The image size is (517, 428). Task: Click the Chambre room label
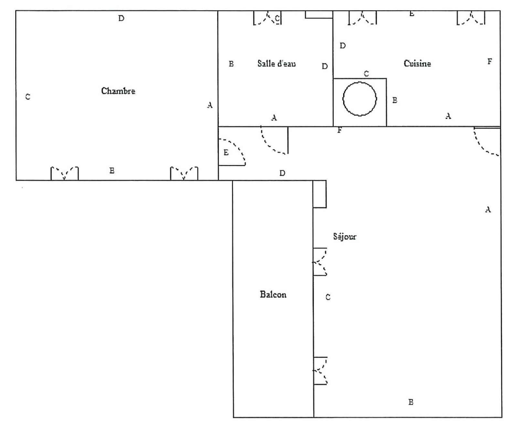[118, 91]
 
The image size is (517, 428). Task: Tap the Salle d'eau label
[276, 63]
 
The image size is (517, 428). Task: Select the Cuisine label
[417, 63]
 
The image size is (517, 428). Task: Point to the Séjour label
[344, 236]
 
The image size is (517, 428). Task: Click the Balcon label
[273, 294]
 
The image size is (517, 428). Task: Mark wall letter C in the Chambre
[28, 97]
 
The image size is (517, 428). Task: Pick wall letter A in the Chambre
[210, 105]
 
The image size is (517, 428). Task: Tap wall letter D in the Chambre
[121, 18]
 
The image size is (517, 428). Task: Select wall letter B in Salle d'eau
[231, 64]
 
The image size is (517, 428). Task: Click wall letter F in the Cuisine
[490, 61]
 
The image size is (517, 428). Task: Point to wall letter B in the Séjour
[411, 402]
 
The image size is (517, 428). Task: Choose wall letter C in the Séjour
[328, 297]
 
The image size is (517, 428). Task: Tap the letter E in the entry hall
[226, 152]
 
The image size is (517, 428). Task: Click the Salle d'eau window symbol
[267, 18]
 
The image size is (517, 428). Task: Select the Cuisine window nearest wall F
[471, 18]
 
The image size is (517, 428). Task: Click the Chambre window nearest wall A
[184, 173]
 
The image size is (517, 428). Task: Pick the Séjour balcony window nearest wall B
[320, 371]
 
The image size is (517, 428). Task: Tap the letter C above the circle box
[366, 74]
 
